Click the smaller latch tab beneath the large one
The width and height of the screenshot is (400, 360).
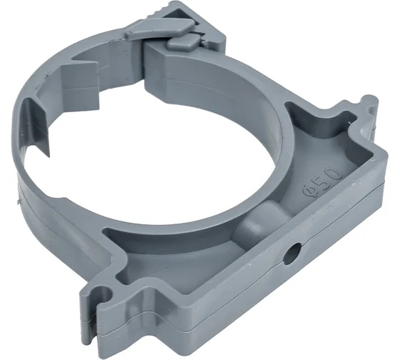tap(183, 41)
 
